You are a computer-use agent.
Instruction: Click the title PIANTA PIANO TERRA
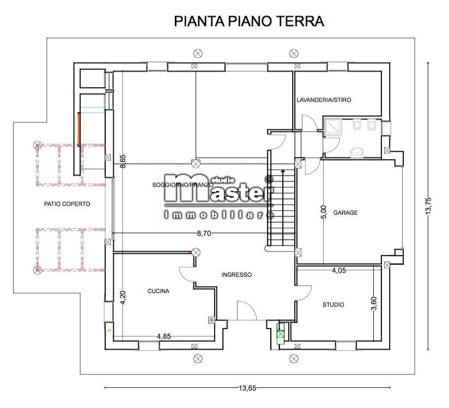tap(249, 21)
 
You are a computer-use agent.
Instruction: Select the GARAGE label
tap(345, 212)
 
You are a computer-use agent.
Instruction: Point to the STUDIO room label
tap(333, 305)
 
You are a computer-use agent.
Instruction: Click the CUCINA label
tap(158, 291)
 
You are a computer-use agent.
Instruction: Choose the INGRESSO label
tap(236, 275)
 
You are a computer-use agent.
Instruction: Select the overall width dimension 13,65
tap(248, 388)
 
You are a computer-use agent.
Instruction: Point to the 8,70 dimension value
tap(204, 233)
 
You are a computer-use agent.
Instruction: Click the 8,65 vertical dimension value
tap(123, 162)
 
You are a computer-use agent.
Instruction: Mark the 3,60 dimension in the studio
tap(374, 304)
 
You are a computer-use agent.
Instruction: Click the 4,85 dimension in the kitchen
tap(164, 336)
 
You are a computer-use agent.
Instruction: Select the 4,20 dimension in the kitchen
tap(123, 297)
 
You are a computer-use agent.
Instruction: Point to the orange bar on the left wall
tap(78, 129)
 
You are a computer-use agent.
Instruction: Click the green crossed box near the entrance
tap(281, 334)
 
